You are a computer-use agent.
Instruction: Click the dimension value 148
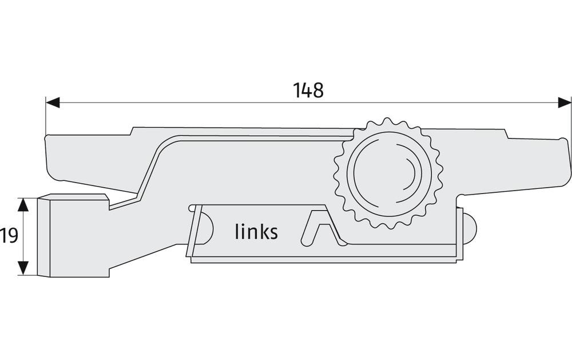pos(308,90)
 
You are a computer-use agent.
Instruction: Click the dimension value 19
pos(9,235)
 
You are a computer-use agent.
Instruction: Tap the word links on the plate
pos(256,232)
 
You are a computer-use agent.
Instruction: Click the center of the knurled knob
pos(388,173)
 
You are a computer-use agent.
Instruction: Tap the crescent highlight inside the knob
pos(411,174)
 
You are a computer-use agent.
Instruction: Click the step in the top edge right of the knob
pos(505,134)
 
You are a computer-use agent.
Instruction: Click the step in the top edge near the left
pos(132,131)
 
